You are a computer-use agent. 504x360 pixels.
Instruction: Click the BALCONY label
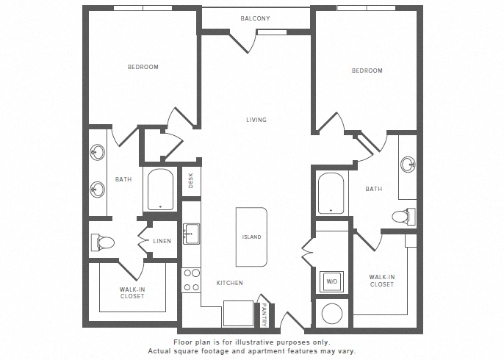pyautogui.click(x=256, y=18)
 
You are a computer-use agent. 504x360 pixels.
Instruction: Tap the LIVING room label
pyautogui.click(x=256, y=120)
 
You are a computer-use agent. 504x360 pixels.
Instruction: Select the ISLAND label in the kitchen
pyautogui.click(x=252, y=237)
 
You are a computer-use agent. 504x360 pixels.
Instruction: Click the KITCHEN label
pyautogui.click(x=229, y=283)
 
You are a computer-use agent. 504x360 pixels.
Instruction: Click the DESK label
pyautogui.click(x=190, y=181)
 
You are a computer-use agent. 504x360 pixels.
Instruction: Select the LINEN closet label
pyautogui.click(x=162, y=241)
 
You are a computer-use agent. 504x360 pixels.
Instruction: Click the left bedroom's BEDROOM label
pyautogui.click(x=143, y=68)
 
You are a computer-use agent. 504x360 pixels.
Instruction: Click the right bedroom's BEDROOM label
pyautogui.click(x=367, y=71)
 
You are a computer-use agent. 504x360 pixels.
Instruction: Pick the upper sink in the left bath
pyautogui.click(x=98, y=153)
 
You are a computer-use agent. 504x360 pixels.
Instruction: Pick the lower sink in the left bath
pyautogui.click(x=98, y=189)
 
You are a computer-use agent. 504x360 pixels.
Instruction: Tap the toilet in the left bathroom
pyautogui.click(x=101, y=242)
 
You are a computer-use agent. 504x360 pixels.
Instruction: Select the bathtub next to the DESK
pyautogui.click(x=159, y=191)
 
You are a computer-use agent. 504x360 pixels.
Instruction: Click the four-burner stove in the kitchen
pyautogui.click(x=191, y=279)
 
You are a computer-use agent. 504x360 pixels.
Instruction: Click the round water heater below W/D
pyautogui.click(x=331, y=312)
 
